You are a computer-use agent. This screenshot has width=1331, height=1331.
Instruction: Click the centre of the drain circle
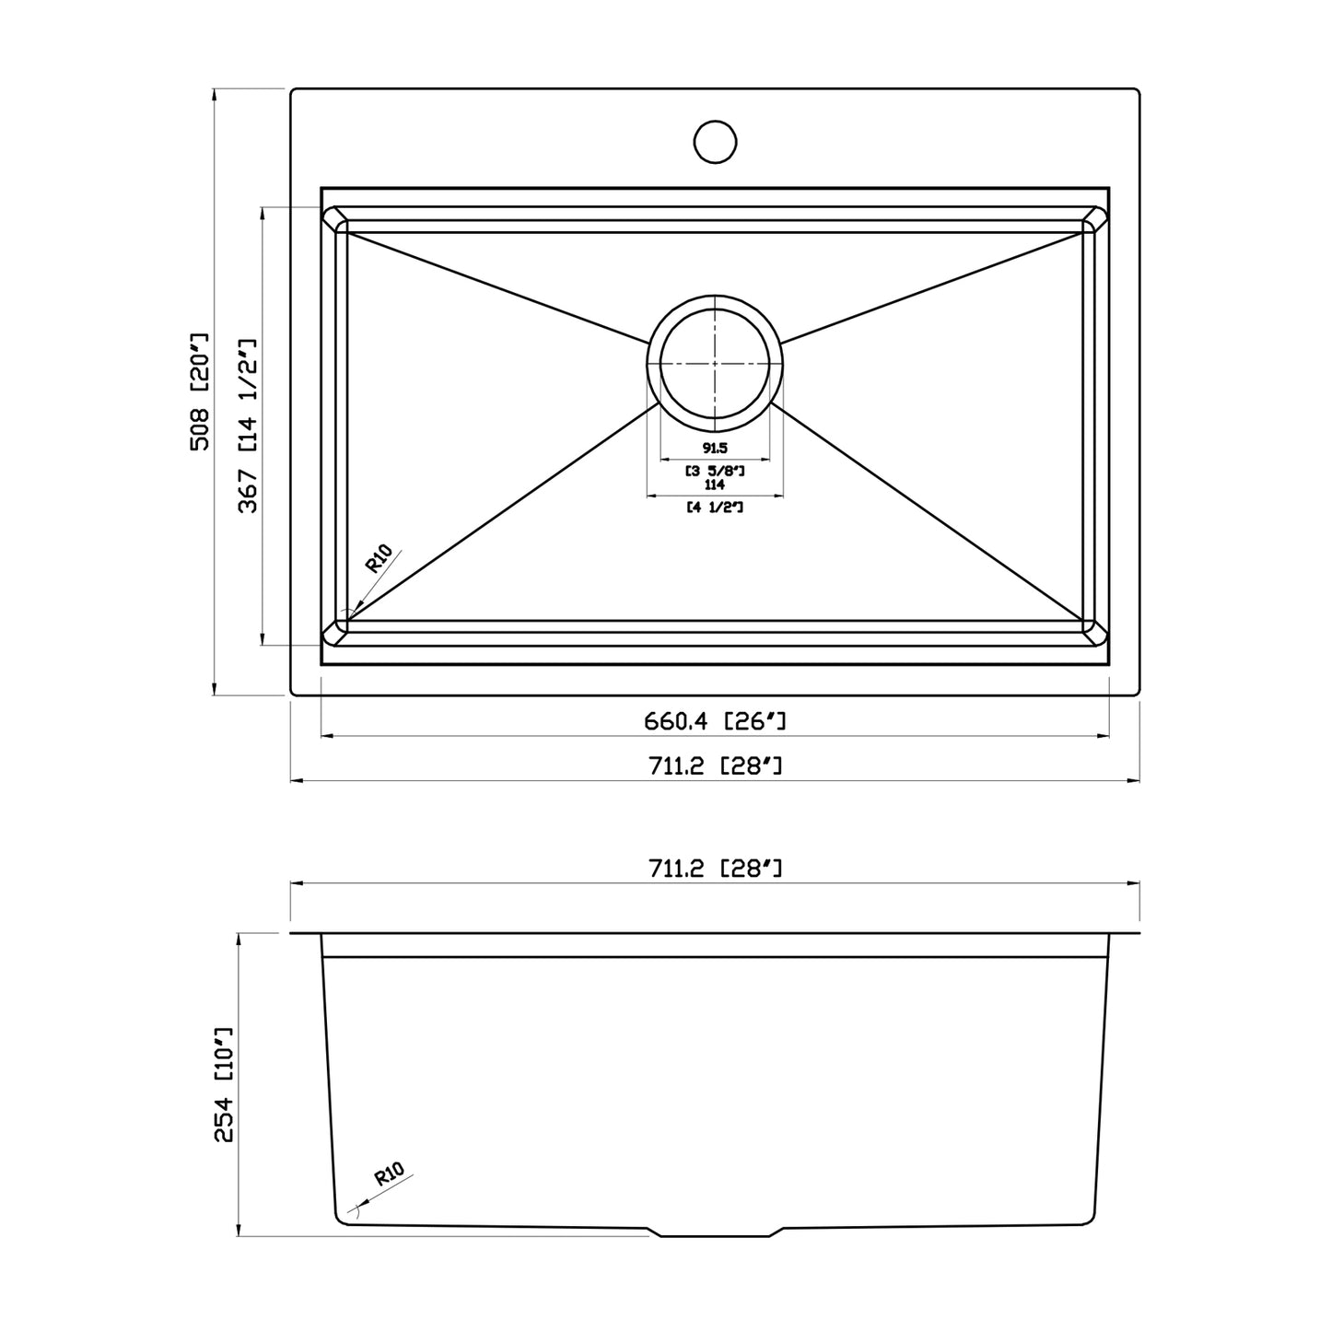[x=715, y=363]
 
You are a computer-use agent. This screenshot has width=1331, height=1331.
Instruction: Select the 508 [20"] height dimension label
[x=201, y=391]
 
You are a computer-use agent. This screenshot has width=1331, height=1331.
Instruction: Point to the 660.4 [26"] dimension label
[x=715, y=721]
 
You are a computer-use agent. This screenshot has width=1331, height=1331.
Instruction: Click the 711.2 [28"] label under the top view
[x=715, y=765]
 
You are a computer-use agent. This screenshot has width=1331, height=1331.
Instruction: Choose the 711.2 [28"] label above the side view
[x=715, y=867]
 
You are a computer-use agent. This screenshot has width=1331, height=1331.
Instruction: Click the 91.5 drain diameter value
[x=715, y=450]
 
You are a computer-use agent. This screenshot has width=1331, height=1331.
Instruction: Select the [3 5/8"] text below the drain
[x=715, y=471]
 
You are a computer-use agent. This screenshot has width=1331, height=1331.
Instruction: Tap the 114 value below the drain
[x=715, y=485]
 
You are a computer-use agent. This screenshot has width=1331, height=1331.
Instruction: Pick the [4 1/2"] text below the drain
[x=715, y=508]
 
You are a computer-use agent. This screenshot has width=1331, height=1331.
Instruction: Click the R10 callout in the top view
[x=379, y=559]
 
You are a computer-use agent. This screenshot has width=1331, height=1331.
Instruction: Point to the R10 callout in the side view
[x=390, y=1174]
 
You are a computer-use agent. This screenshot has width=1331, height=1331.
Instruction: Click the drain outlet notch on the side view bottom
[x=715, y=1232]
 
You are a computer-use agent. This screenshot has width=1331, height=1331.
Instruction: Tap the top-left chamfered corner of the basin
[x=335, y=219]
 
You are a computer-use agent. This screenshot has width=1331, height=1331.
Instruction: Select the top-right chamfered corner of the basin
[x=1095, y=219]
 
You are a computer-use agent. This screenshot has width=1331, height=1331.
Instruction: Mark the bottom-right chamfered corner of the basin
[x=1095, y=631]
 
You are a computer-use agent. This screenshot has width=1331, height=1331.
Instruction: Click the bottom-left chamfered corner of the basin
[x=335, y=631]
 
